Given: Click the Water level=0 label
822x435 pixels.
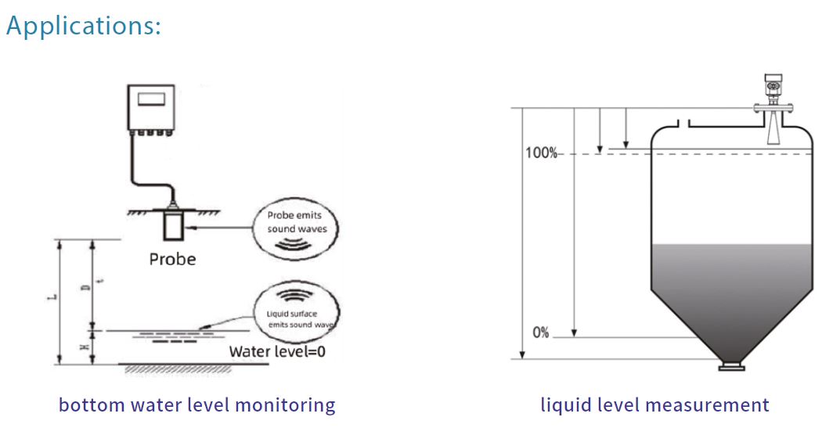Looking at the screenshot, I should (277, 351).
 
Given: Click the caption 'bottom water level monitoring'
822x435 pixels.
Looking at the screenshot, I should (196, 405).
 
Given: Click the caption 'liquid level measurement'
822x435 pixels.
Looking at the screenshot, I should (654, 405).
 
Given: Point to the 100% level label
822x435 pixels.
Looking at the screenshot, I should (540, 153).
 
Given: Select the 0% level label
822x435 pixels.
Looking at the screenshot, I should (541, 333).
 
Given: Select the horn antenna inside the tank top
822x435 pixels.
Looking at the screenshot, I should (772, 130).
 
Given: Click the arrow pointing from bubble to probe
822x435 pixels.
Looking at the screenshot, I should (223, 228).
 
